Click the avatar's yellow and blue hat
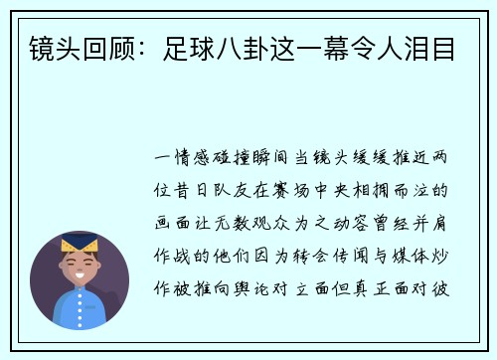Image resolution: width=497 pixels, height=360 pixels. click(80, 245)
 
